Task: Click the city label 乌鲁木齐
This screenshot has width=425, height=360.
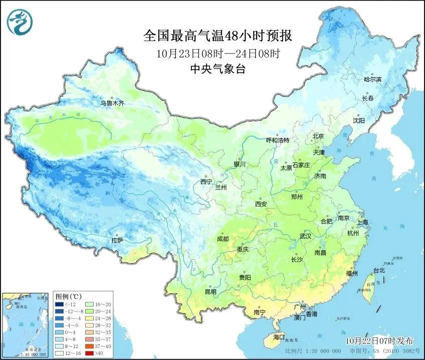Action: pyautogui.click(x=112, y=103)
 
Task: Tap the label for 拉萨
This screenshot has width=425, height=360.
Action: pyautogui.click(x=117, y=241)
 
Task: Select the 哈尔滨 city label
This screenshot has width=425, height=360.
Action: pyautogui.click(x=372, y=80)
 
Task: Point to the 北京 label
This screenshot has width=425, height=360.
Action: pyautogui.click(x=319, y=136)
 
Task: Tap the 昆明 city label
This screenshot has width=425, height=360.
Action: pyautogui.click(x=210, y=292)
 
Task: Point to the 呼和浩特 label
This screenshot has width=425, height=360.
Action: pyautogui.click(x=278, y=140)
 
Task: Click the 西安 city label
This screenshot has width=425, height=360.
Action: pyautogui.click(x=261, y=204)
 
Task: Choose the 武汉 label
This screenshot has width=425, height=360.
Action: pyautogui.click(x=305, y=236)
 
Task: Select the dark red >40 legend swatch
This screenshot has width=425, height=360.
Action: pyautogui.click(x=87, y=352)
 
